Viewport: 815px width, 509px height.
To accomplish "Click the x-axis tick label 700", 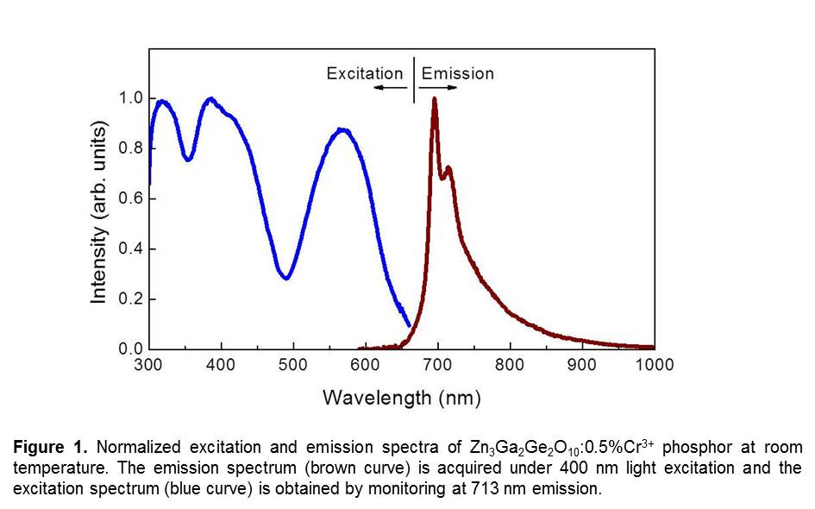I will (438, 365).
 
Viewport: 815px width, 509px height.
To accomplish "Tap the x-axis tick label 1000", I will (655, 365).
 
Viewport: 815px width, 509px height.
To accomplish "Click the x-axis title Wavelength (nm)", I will (401, 398).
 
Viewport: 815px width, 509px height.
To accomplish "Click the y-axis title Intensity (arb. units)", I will (100, 213).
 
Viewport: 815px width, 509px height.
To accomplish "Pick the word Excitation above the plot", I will (364, 73).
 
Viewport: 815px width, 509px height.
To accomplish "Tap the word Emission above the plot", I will (458, 73).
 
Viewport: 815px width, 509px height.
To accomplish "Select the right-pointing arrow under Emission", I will (439, 88).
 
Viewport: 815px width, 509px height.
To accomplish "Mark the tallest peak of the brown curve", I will (434, 98).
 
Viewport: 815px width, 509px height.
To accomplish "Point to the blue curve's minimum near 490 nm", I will (285, 278).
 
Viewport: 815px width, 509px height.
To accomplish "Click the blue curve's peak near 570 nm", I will (343, 129).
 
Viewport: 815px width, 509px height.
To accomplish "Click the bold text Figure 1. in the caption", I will (50, 448).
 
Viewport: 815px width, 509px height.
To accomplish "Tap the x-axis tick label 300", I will (149, 365).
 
